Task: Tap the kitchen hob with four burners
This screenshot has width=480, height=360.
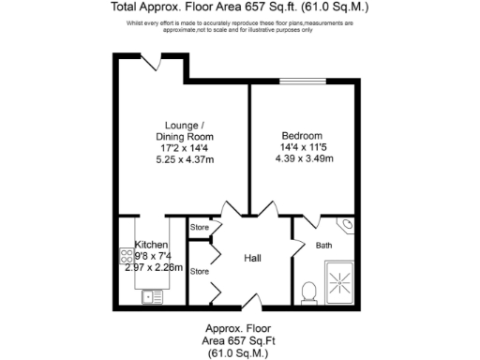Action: click(126, 256)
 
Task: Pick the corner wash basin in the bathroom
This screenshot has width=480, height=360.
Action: click(344, 225)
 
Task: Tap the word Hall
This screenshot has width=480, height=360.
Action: click(253, 258)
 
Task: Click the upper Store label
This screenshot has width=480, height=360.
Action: click(200, 228)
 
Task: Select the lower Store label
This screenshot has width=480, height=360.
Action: click(200, 272)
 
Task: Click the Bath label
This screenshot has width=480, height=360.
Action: click(323, 246)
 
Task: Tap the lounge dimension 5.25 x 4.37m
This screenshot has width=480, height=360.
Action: click(185, 160)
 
